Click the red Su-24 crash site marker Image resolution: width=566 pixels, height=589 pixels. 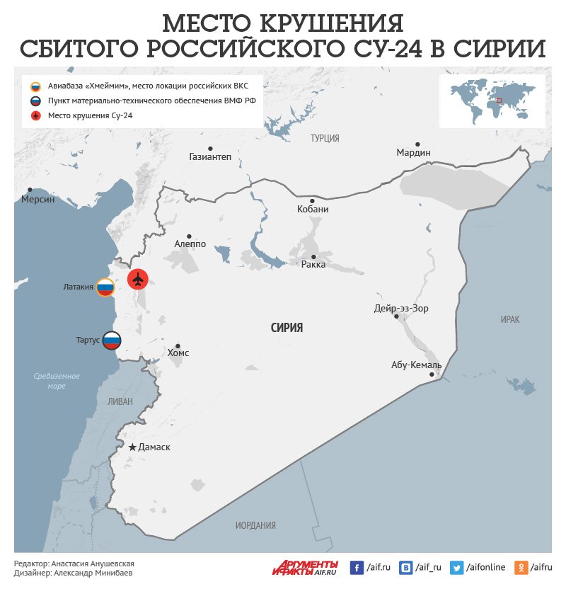(138, 280)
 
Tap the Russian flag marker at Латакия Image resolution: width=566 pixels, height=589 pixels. (105, 287)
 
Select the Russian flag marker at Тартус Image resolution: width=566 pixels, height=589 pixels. (112, 341)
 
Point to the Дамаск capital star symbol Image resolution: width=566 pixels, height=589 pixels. (132, 447)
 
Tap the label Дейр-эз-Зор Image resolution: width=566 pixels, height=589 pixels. (401, 309)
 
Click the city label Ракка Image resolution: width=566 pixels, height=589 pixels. (313, 265)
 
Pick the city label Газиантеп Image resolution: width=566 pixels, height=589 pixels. (210, 156)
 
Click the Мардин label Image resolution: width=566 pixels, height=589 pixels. (413, 153)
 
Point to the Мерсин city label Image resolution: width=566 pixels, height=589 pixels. (37, 200)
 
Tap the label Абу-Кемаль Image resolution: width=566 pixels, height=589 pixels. (416, 365)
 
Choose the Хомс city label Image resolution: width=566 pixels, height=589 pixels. (178, 353)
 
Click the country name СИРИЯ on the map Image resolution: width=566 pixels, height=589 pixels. (287, 328)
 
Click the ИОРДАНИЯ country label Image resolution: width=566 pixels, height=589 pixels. (255, 525)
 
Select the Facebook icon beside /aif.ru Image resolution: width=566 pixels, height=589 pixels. (357, 567)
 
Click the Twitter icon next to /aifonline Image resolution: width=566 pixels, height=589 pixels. (456, 567)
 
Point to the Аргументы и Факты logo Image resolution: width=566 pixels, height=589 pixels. (306, 567)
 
